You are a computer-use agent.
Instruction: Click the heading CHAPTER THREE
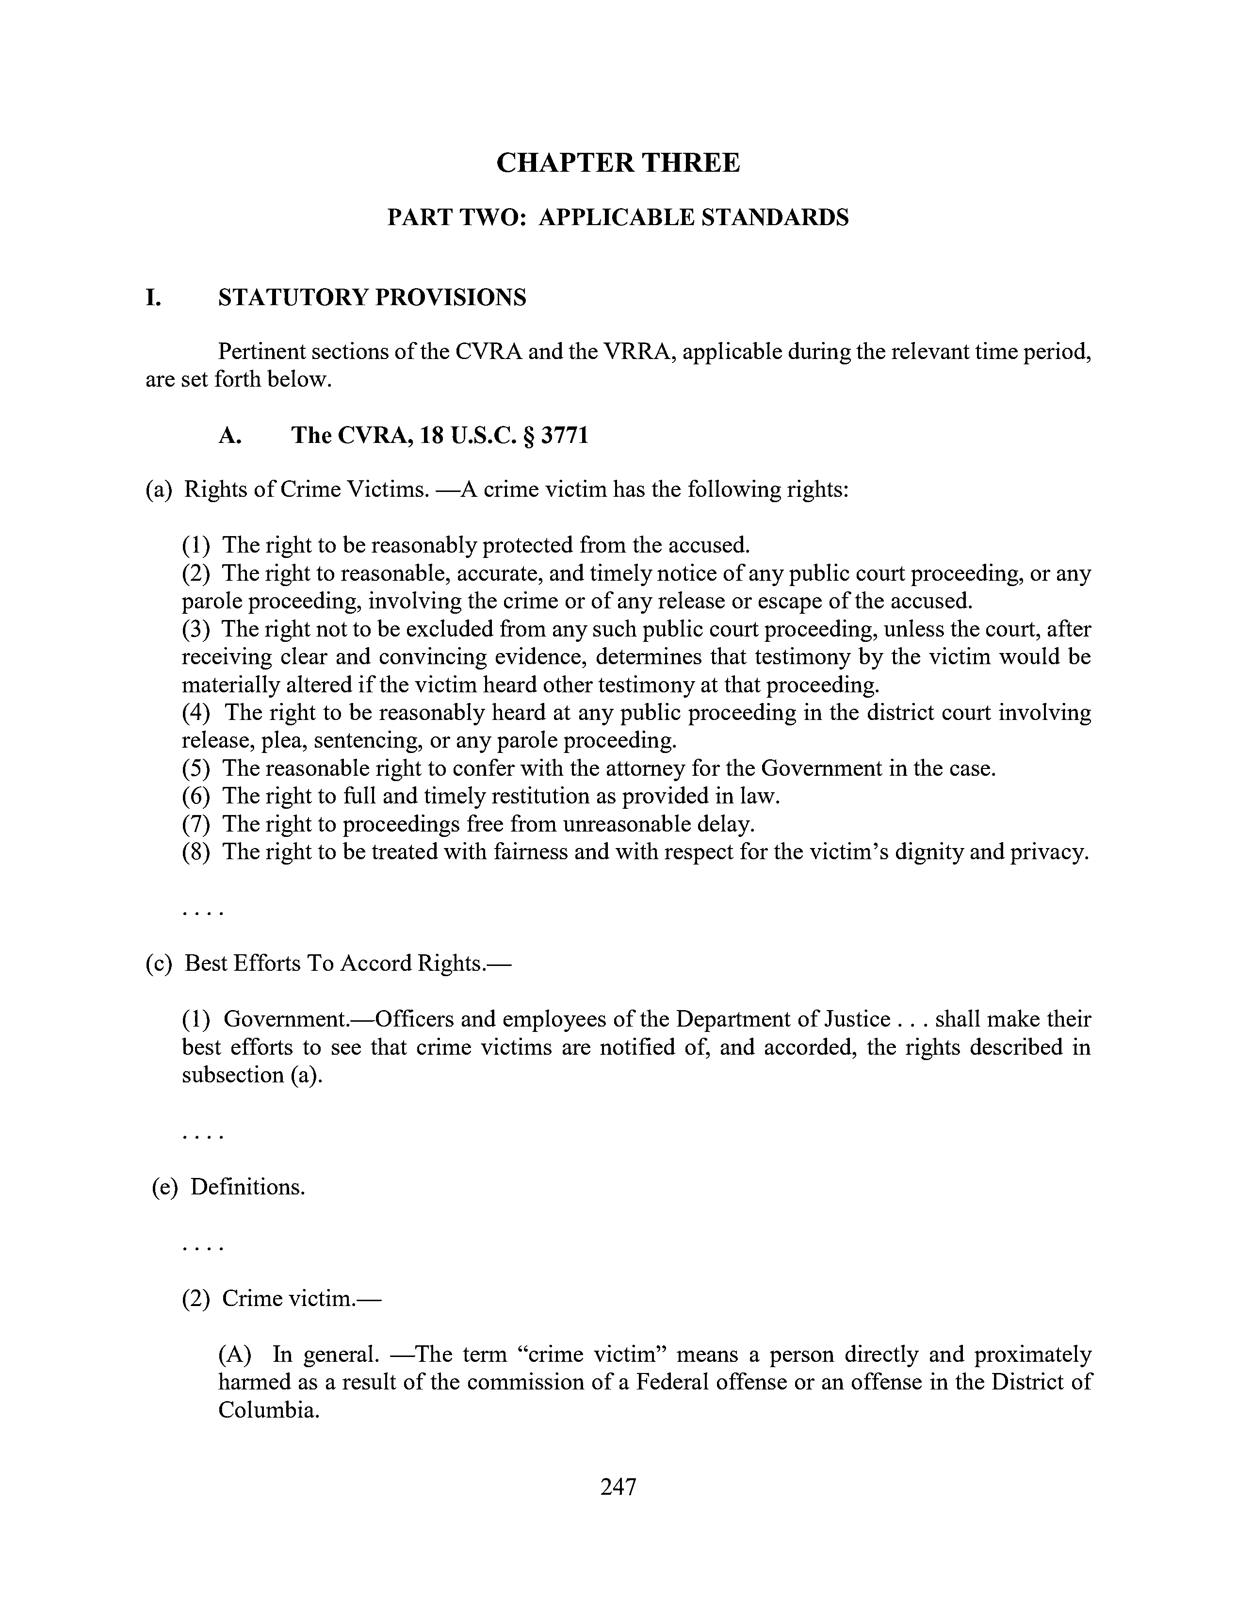click(x=618, y=163)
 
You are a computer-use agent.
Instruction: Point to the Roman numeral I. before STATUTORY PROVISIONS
click(x=153, y=297)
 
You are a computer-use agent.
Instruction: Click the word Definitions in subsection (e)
click(x=247, y=1187)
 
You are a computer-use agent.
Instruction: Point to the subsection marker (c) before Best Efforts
click(x=159, y=963)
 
